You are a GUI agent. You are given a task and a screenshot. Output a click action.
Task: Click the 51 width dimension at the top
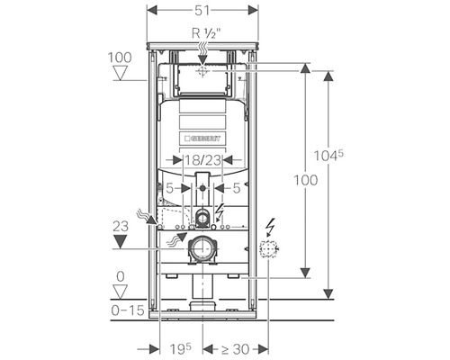[x=202, y=11]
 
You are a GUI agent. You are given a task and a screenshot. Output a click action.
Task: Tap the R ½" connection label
[x=206, y=33]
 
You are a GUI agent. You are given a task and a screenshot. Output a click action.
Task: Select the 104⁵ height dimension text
[x=328, y=156]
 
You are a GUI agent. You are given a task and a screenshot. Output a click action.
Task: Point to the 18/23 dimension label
[x=202, y=160]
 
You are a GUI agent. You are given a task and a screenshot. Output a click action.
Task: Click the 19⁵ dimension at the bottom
[x=181, y=348]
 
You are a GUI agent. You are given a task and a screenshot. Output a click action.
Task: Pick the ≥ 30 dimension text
[x=236, y=349]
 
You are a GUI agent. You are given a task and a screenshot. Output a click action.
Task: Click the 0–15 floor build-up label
[x=128, y=310]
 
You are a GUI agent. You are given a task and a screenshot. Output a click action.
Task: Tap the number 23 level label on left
[x=121, y=227]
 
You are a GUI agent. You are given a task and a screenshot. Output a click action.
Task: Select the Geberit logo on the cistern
[x=202, y=139]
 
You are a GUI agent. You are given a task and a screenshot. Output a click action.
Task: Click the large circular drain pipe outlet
[x=202, y=248]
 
